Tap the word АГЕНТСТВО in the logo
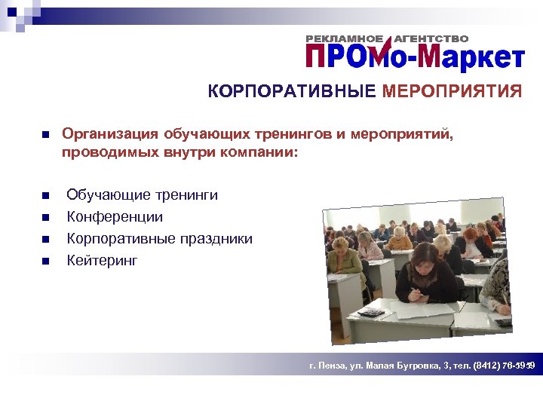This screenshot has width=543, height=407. point(431,38)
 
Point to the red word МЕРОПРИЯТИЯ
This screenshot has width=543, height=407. point(452,92)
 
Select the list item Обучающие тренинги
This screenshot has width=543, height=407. point(143,195)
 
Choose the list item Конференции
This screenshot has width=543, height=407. point(115,217)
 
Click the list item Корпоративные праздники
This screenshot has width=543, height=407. point(160,239)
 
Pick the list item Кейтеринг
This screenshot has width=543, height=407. point(103,261)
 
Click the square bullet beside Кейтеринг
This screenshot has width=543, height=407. point(44,262)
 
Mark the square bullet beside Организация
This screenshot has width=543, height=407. point(44,135)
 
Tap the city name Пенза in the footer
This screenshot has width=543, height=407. point(331,366)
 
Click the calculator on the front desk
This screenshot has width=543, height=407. point(371,312)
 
